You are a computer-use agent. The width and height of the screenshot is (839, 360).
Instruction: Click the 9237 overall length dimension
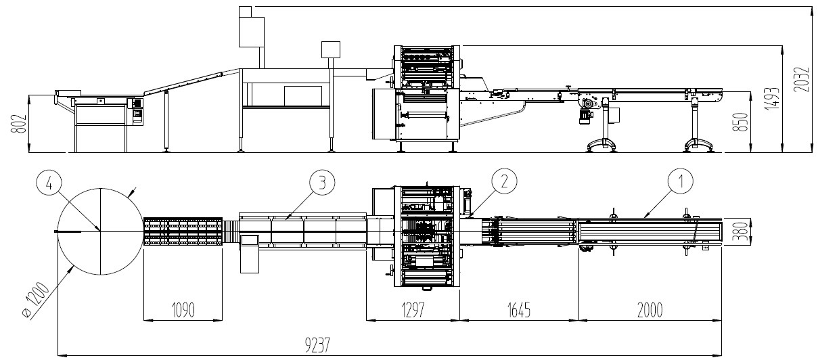tap(317, 344)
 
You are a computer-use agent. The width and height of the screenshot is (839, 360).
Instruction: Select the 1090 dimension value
tap(183, 310)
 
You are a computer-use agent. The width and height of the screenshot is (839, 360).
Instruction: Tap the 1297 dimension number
tap(413, 310)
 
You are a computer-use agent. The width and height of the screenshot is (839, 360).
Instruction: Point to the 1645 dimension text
tap(519, 310)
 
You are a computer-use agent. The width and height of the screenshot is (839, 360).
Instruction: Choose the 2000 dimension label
tap(650, 310)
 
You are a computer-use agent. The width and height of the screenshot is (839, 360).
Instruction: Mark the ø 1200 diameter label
tap(36, 300)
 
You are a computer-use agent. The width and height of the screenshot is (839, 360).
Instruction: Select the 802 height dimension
tap(19, 124)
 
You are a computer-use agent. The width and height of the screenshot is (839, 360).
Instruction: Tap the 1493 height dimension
tap(772, 99)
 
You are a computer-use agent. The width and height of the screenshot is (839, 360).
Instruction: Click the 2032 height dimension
tap(802, 79)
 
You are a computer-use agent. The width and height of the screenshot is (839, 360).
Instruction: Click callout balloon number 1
tap(681, 181)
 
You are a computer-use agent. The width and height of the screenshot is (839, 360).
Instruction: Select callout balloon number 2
tap(505, 181)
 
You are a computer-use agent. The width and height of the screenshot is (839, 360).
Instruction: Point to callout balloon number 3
tap(322, 183)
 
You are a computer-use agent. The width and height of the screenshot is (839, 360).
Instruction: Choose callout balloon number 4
tap(49, 184)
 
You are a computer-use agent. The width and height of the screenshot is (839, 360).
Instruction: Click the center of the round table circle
tap(100, 231)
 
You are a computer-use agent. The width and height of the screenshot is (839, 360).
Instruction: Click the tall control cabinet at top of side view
tap(251, 32)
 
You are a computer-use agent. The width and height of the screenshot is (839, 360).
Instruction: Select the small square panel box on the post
tap(331, 50)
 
